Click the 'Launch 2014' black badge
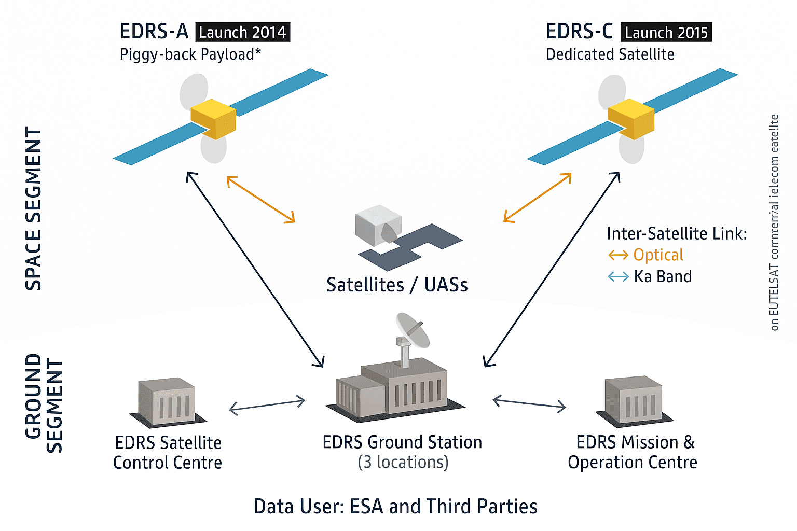[242, 32]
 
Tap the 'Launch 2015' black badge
[666, 32]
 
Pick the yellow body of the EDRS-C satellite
[631, 119]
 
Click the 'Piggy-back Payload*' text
[190, 54]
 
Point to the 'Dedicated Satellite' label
[610, 54]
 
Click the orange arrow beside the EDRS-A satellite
[261, 200]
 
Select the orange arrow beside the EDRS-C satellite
[538, 198]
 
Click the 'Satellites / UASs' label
[397, 285]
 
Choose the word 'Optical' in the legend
[658, 255]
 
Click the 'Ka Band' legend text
[663, 276]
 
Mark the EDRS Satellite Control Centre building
[167, 402]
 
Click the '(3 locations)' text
[403, 462]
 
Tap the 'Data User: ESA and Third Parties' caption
[395, 506]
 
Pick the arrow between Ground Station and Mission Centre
[529, 403]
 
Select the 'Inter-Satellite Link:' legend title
[677, 234]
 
